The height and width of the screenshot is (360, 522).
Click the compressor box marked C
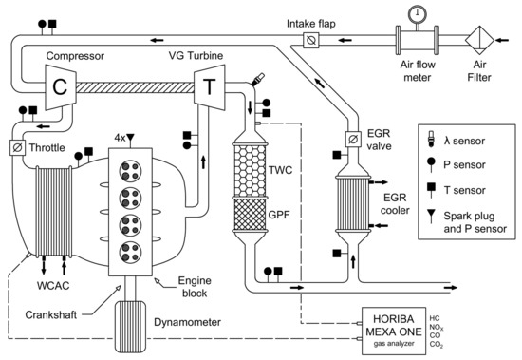click(x=61, y=86)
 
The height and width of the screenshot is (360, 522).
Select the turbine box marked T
click(x=210, y=87)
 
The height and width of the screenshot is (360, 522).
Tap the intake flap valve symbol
click(x=311, y=40)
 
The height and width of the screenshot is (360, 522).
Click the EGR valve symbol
click(x=353, y=139)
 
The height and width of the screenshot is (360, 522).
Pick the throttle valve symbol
click(x=17, y=147)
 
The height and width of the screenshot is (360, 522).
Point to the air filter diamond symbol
click(x=479, y=40)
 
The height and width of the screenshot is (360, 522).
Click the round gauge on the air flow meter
click(x=418, y=13)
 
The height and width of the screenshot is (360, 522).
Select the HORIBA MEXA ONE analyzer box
click(x=394, y=331)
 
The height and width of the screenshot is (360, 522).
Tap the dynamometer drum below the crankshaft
click(x=130, y=327)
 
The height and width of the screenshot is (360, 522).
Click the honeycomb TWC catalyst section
click(x=250, y=170)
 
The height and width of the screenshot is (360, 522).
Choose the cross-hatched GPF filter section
click(x=250, y=215)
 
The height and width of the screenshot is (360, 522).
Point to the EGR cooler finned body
click(x=353, y=203)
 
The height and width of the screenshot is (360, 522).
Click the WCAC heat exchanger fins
click(x=54, y=211)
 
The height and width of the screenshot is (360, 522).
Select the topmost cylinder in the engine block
click(x=131, y=171)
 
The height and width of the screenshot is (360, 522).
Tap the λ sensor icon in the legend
click(x=431, y=140)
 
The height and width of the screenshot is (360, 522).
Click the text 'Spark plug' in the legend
click(x=469, y=216)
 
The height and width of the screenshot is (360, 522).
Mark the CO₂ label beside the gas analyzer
click(x=437, y=345)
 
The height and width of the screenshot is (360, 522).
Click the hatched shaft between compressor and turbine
click(x=136, y=87)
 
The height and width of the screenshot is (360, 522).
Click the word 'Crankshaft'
click(x=51, y=314)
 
